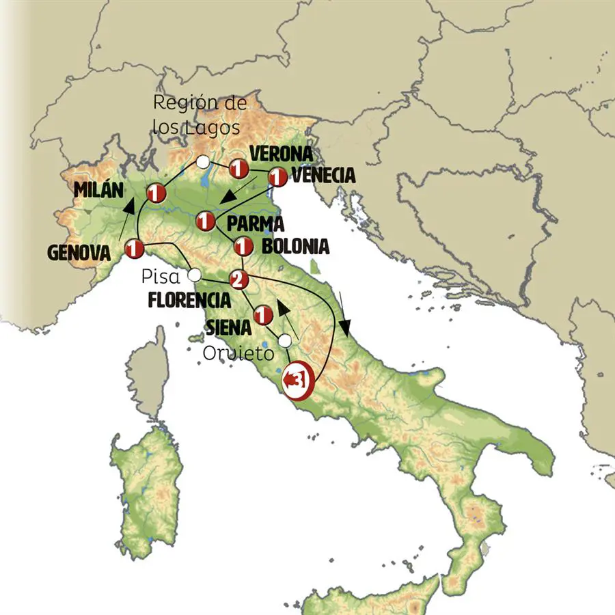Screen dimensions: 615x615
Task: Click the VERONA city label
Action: (280, 152)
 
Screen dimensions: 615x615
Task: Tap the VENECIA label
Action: (323, 176)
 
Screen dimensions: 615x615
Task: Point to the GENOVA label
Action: (79, 253)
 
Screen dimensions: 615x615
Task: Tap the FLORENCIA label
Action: (188, 299)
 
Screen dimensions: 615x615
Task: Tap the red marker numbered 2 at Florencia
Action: (238, 279)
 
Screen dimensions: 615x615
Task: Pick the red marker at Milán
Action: (156, 193)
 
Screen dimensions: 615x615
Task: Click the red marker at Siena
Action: (262, 316)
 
